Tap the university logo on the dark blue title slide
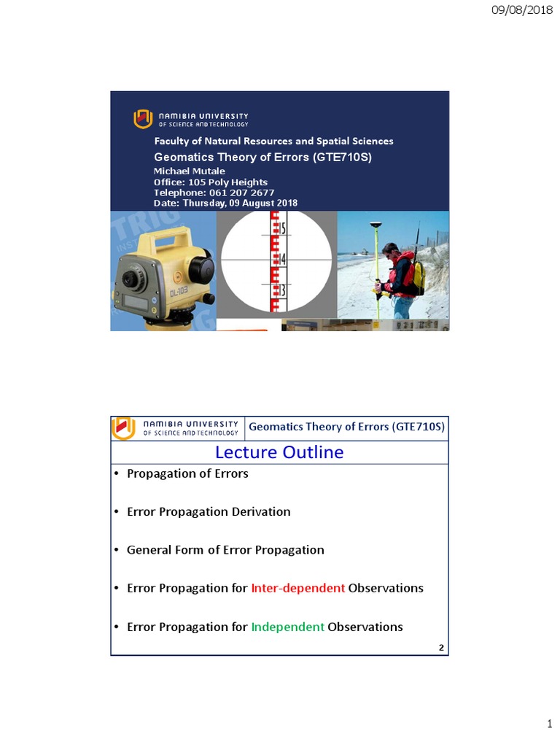click(143, 119)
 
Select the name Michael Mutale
click(190, 171)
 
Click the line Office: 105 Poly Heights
click(210, 182)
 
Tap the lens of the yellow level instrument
click(131, 278)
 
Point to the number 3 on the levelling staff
click(283, 290)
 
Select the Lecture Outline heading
click(280, 452)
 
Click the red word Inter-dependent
click(297, 588)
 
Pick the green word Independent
click(287, 627)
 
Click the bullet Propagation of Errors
click(187, 473)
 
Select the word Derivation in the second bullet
click(260, 511)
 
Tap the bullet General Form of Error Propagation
click(225, 550)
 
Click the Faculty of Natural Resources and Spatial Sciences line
click(273, 141)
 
